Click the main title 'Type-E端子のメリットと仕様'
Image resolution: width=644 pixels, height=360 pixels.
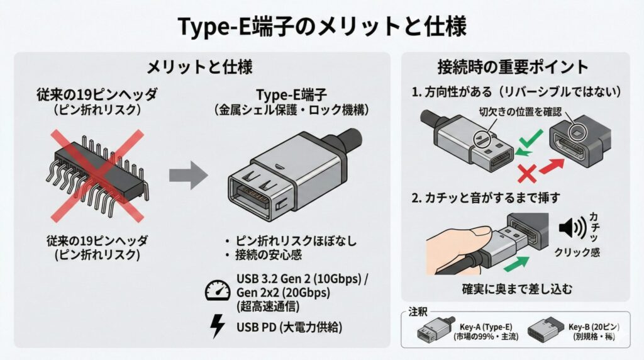click(x=322, y=26)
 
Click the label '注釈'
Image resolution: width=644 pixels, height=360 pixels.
click(x=418, y=312)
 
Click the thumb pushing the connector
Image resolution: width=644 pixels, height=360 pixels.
click(x=459, y=236)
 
